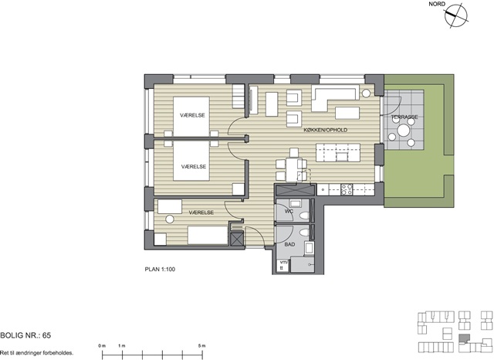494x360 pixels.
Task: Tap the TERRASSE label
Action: point(404,117)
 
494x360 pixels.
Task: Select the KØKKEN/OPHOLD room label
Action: point(326,130)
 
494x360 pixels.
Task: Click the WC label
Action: point(289,211)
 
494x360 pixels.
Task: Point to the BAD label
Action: point(289,244)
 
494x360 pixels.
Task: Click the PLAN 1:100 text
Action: point(160,269)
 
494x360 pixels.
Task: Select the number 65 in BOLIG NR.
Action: point(46,335)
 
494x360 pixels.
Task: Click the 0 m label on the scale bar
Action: point(102,346)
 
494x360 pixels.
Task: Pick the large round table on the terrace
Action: point(403,130)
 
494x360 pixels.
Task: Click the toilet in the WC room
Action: point(304,216)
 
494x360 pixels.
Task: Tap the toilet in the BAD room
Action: point(304,233)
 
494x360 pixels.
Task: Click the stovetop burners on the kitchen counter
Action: point(347,189)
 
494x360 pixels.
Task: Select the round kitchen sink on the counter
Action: point(323,190)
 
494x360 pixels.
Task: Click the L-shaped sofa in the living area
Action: point(335,97)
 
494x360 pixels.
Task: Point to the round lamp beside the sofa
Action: point(366,93)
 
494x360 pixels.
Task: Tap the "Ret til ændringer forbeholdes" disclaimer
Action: point(36,353)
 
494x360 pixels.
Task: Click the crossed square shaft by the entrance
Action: point(237,239)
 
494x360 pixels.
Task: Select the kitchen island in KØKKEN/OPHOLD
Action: point(338,152)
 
